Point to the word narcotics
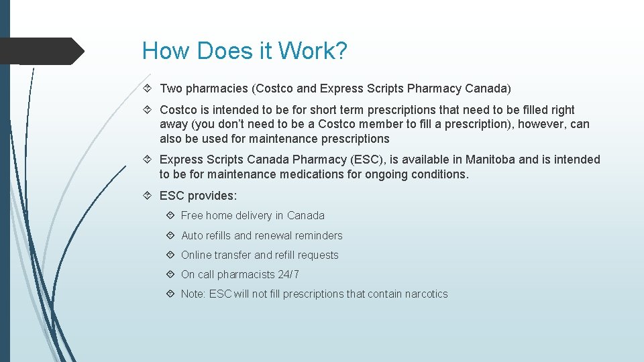[x=426, y=294]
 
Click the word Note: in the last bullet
[x=193, y=294]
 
